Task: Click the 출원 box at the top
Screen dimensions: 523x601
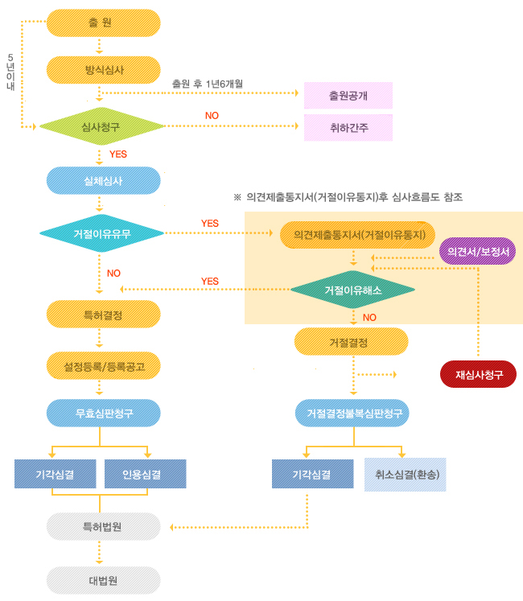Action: point(103,23)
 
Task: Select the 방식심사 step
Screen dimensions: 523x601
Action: point(103,70)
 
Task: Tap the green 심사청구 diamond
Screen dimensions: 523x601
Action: point(101,126)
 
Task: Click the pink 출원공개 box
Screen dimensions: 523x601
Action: point(348,96)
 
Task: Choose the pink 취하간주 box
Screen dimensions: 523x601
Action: point(348,128)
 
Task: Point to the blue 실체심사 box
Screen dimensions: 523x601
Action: point(103,180)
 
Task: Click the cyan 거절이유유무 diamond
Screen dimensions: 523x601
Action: point(101,233)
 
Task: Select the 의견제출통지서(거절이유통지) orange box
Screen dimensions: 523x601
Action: point(357,235)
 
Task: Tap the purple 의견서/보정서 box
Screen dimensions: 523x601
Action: point(477,251)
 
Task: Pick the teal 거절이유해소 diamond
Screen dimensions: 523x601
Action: point(352,290)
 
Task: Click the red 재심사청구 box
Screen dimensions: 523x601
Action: point(478,374)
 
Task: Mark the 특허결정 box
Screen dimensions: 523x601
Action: point(103,315)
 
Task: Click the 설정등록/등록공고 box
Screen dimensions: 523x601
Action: point(103,365)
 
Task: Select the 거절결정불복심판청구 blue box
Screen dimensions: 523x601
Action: point(352,413)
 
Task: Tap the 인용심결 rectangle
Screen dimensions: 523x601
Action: point(146,474)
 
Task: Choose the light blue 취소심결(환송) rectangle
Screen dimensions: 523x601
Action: point(406,475)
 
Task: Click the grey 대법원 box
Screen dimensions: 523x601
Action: point(103,580)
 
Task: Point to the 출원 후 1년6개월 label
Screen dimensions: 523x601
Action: point(207,84)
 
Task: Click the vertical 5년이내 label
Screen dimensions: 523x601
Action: point(10,72)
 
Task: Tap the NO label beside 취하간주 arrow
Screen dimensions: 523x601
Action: point(212,115)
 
